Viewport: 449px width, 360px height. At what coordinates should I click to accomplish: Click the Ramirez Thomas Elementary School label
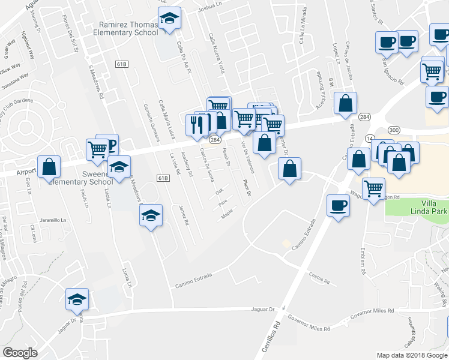(x=129, y=29)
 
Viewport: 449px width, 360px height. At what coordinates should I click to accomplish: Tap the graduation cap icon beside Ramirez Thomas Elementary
(x=171, y=19)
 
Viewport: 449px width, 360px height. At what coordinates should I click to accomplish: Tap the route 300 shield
(x=394, y=130)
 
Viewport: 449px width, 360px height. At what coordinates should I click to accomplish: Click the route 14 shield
(x=369, y=139)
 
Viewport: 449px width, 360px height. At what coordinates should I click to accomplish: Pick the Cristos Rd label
(x=319, y=280)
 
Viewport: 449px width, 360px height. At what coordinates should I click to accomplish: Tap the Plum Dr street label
(x=247, y=188)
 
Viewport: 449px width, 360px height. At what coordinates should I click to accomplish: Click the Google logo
(x=20, y=353)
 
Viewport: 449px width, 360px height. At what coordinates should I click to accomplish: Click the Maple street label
(x=227, y=213)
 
